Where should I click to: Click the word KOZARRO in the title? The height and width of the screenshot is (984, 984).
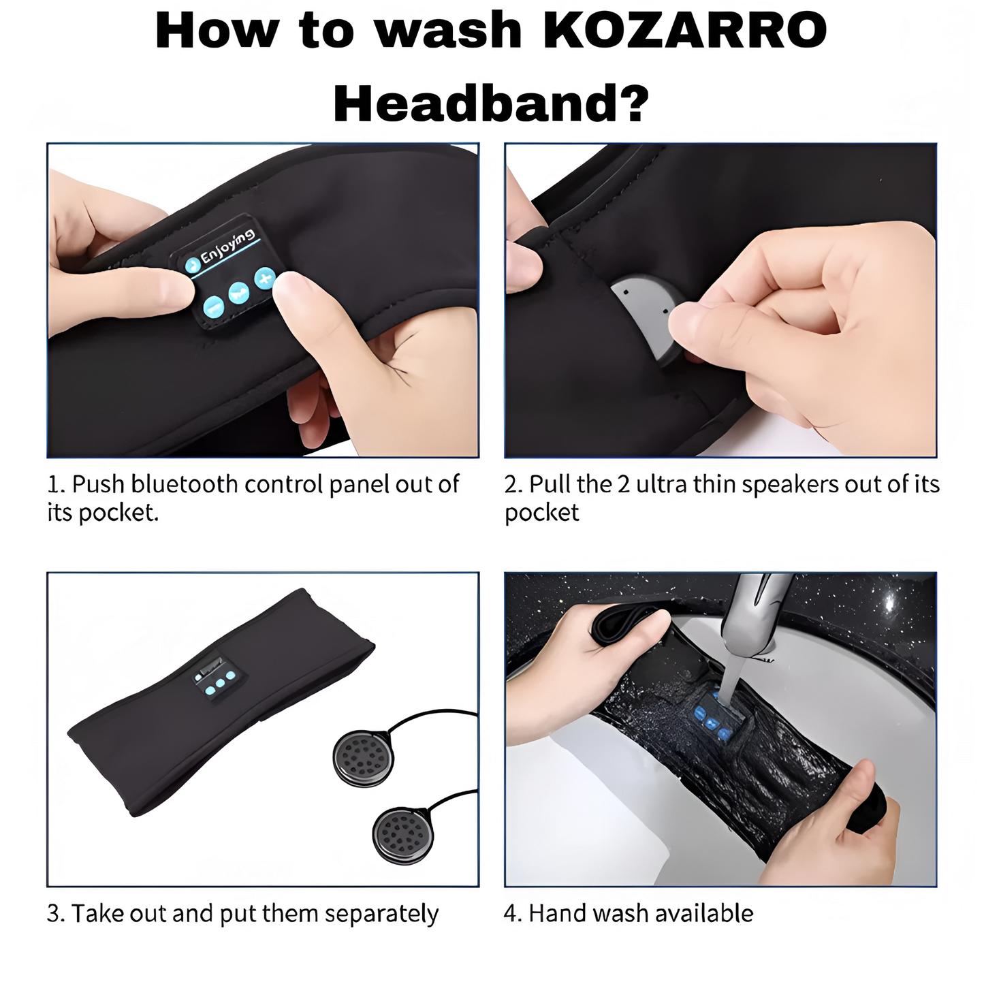pyautogui.click(x=686, y=31)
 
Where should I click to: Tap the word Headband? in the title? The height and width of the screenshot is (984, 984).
pyautogui.click(x=491, y=104)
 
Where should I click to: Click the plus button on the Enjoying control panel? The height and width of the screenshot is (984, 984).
pyautogui.click(x=265, y=278)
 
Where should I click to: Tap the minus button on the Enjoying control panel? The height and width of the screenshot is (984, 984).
pyautogui.click(x=214, y=306)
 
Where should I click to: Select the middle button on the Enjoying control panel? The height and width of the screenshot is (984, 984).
pyautogui.click(x=239, y=292)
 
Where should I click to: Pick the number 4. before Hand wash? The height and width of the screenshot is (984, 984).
pyautogui.click(x=513, y=914)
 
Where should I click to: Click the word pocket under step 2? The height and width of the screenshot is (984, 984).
pyautogui.click(x=541, y=513)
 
